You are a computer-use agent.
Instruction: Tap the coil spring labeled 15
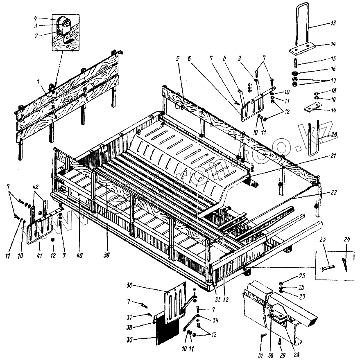295,64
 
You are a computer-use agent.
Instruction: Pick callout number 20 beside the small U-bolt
334,134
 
